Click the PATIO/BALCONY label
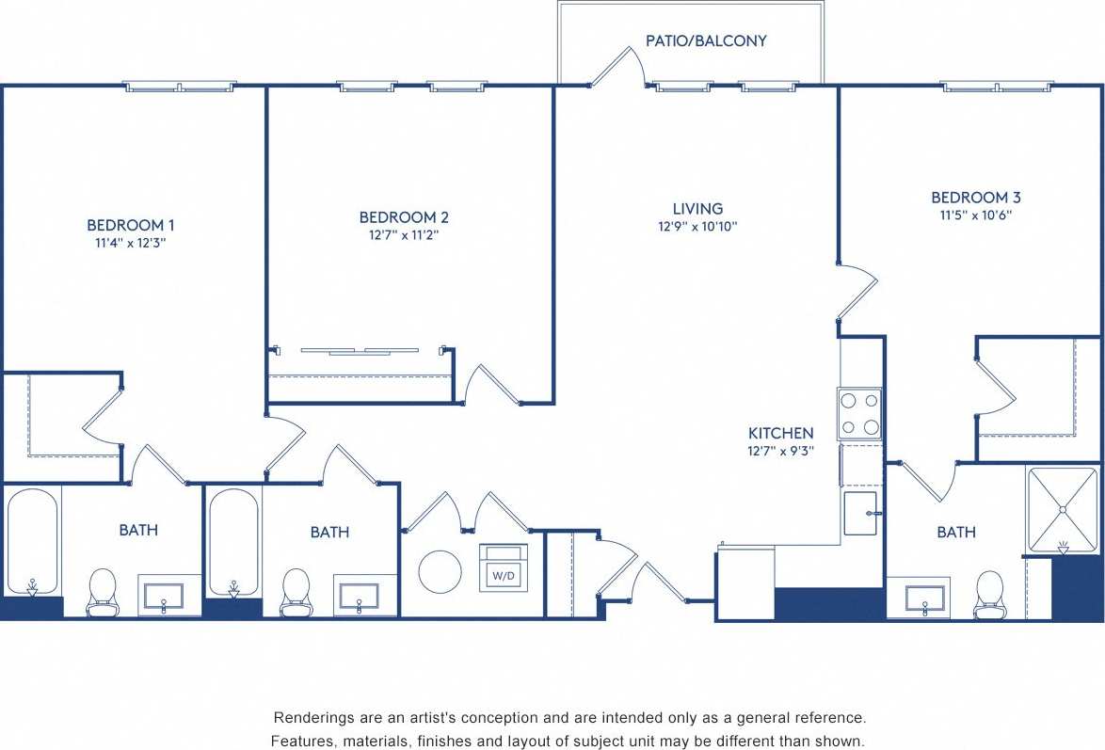tap(706, 41)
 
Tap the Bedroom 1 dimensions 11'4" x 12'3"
tap(131, 243)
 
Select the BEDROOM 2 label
tap(404, 217)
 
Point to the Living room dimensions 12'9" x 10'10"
tap(697, 227)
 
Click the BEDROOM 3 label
tap(976, 198)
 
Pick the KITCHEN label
tap(780, 434)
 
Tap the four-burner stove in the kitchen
tap(859, 414)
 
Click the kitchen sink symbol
tap(860, 514)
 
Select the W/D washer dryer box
tap(503, 568)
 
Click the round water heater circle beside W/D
tap(440, 572)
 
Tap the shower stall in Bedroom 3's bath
tap(1063, 510)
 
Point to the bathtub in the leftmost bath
tap(33, 541)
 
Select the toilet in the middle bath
tap(296, 590)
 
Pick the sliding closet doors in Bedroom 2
tap(359, 351)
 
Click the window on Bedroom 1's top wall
tap(180, 87)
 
